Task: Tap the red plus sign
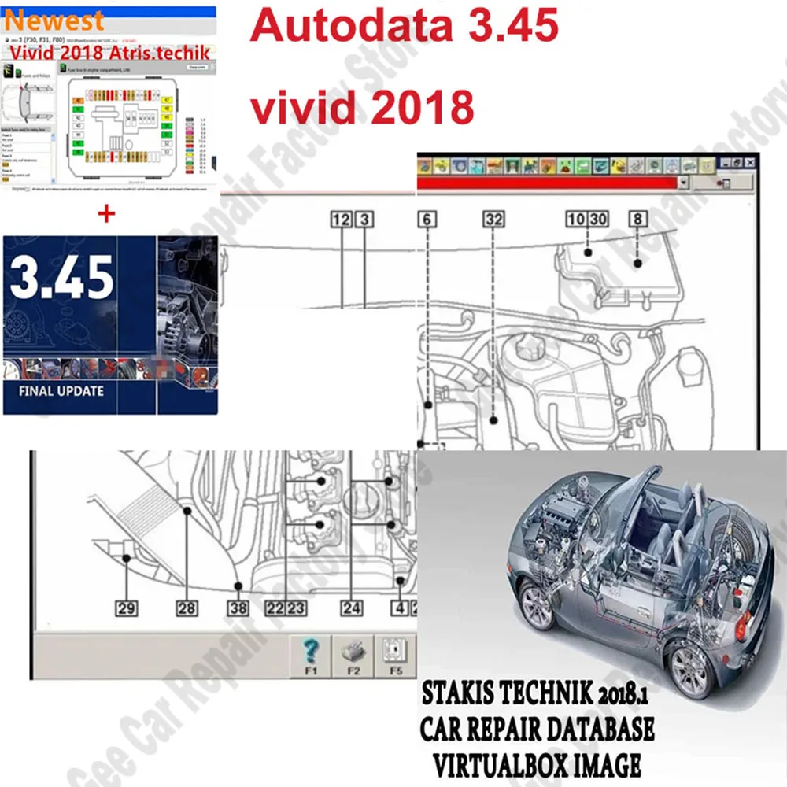pos(107,214)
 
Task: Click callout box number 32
pos(493,220)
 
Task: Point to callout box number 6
pos(427,220)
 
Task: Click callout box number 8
pos(637,220)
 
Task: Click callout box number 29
pos(126,608)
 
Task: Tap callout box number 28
pos(187,608)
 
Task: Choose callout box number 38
pos(238,608)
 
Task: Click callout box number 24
pos(351,608)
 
